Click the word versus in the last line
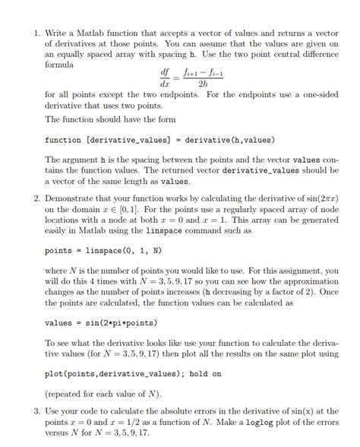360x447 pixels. coord(58,433)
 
